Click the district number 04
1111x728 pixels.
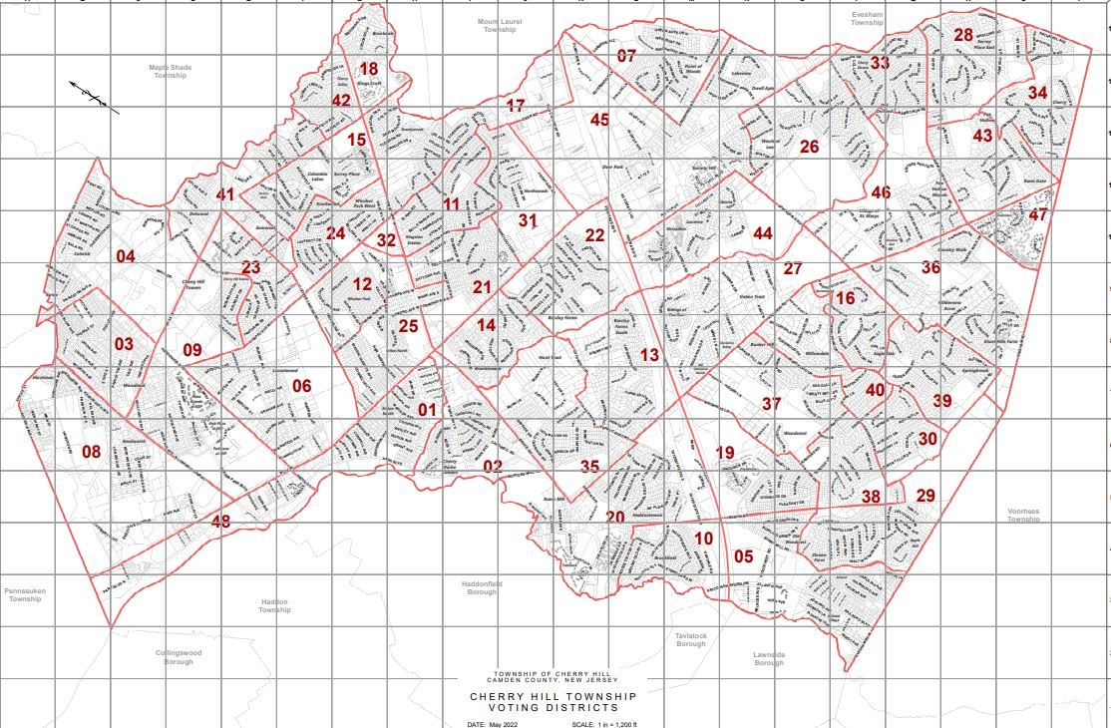point(125,257)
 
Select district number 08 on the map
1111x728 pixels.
point(92,452)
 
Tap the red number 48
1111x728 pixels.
point(220,520)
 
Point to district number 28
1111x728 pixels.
point(963,35)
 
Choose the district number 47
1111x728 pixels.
point(1038,215)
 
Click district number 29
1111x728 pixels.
point(926,496)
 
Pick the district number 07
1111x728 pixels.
point(626,56)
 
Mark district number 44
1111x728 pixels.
point(763,233)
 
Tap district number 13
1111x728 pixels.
point(649,355)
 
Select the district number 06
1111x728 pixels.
point(301,386)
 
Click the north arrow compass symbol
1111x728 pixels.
point(94,96)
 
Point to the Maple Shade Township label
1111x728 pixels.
point(170,72)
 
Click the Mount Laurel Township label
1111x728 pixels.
point(500,25)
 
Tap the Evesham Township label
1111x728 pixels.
point(868,18)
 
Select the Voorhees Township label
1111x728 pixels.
point(1023,515)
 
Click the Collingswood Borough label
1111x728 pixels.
point(180,657)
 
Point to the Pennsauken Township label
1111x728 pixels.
point(25,594)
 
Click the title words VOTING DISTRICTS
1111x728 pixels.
point(552,707)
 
